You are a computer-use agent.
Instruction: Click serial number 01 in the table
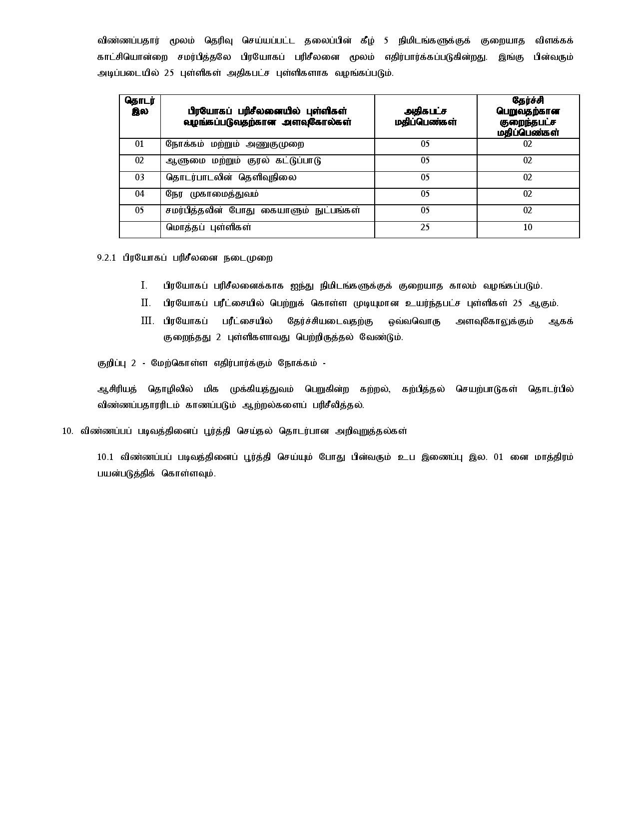139,144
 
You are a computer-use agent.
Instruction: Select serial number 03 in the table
139,178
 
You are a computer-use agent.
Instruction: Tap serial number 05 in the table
139,211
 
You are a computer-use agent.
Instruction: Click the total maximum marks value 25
425,228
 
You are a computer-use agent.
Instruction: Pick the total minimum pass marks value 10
528,228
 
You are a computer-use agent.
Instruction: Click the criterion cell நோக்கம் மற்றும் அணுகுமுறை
235,144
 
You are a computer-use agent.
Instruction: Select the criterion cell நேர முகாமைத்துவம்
212,194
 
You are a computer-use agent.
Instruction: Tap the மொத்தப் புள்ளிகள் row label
208,228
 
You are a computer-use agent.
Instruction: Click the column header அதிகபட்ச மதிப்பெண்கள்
426,116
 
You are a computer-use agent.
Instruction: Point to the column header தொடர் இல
140,106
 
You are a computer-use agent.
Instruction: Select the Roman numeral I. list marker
144,286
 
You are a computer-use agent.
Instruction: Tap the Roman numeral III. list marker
147,321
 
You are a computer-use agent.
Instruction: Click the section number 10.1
106,457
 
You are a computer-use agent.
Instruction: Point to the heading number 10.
68,431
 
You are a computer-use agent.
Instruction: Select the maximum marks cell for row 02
425,161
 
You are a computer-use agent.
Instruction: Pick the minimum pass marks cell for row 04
528,194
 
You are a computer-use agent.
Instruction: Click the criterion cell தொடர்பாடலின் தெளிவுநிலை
231,178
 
